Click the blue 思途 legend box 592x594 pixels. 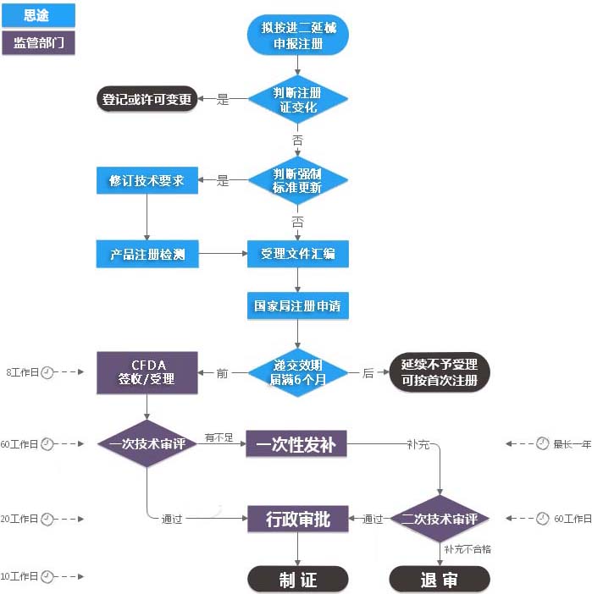[x=38, y=15]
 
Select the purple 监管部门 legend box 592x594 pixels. [x=38, y=42]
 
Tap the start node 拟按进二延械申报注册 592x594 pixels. [x=297, y=36]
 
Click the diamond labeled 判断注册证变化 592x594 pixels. [x=297, y=100]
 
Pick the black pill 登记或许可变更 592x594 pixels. [x=147, y=99]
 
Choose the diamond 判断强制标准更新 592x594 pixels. [x=297, y=180]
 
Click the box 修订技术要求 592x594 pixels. [x=147, y=180]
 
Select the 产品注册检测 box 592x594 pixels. [x=147, y=254]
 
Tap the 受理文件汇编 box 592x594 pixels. [x=297, y=254]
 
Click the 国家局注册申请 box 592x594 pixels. [x=297, y=305]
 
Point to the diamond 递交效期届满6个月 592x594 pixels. [x=297, y=372]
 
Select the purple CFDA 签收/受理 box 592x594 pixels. [x=147, y=372]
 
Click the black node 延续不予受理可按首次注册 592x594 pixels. [x=440, y=372]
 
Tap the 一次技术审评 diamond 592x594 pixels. [x=147, y=443]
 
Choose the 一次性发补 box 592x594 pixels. [x=296, y=443]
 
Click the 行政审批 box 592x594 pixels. [x=297, y=518]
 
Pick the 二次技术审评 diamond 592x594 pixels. [x=440, y=518]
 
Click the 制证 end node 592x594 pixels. [x=297, y=579]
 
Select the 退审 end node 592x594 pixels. [x=440, y=579]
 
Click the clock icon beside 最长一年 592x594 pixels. [x=542, y=443]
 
